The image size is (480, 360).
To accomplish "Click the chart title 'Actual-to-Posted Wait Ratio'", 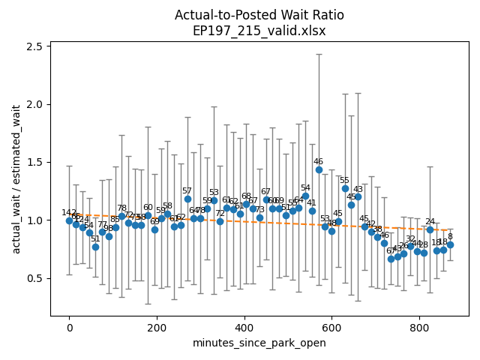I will [x=259, y=15].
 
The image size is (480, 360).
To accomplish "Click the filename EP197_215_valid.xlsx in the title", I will [x=259, y=31].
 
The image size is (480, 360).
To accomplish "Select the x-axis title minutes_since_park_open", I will [x=259, y=343].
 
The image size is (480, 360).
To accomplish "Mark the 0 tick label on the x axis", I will [x=69, y=327].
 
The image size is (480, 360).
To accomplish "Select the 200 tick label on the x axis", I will [x=157, y=327].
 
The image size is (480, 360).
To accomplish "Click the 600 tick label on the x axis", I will [x=331, y=327].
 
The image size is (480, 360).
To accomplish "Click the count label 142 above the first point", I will [x=69, y=213].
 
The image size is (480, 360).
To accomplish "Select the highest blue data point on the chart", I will [x=319, y=169].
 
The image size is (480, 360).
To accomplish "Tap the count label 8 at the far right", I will [x=450, y=236].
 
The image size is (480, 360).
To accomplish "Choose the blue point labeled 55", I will [x=345, y=188].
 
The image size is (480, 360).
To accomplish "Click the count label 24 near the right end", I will [x=430, y=221].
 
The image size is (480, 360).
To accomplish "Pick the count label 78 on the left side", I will [x=121, y=208].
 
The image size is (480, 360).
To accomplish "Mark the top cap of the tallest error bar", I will [x=319, y=54].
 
